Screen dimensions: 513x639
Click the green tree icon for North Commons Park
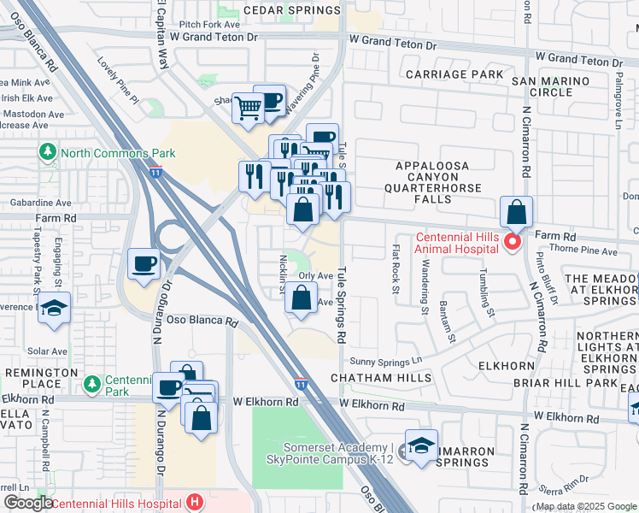[x=48, y=153]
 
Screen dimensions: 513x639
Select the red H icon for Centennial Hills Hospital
[x=195, y=502]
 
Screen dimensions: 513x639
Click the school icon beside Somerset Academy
[x=421, y=445]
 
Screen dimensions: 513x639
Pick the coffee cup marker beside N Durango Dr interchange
[x=144, y=262]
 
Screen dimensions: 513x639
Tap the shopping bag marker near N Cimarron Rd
[x=517, y=211]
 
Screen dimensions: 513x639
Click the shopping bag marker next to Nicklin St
[x=301, y=298]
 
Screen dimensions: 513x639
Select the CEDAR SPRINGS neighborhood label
[x=291, y=10]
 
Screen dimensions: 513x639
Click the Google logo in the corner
[x=28, y=503]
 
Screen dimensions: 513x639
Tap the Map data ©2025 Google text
[x=585, y=506]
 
